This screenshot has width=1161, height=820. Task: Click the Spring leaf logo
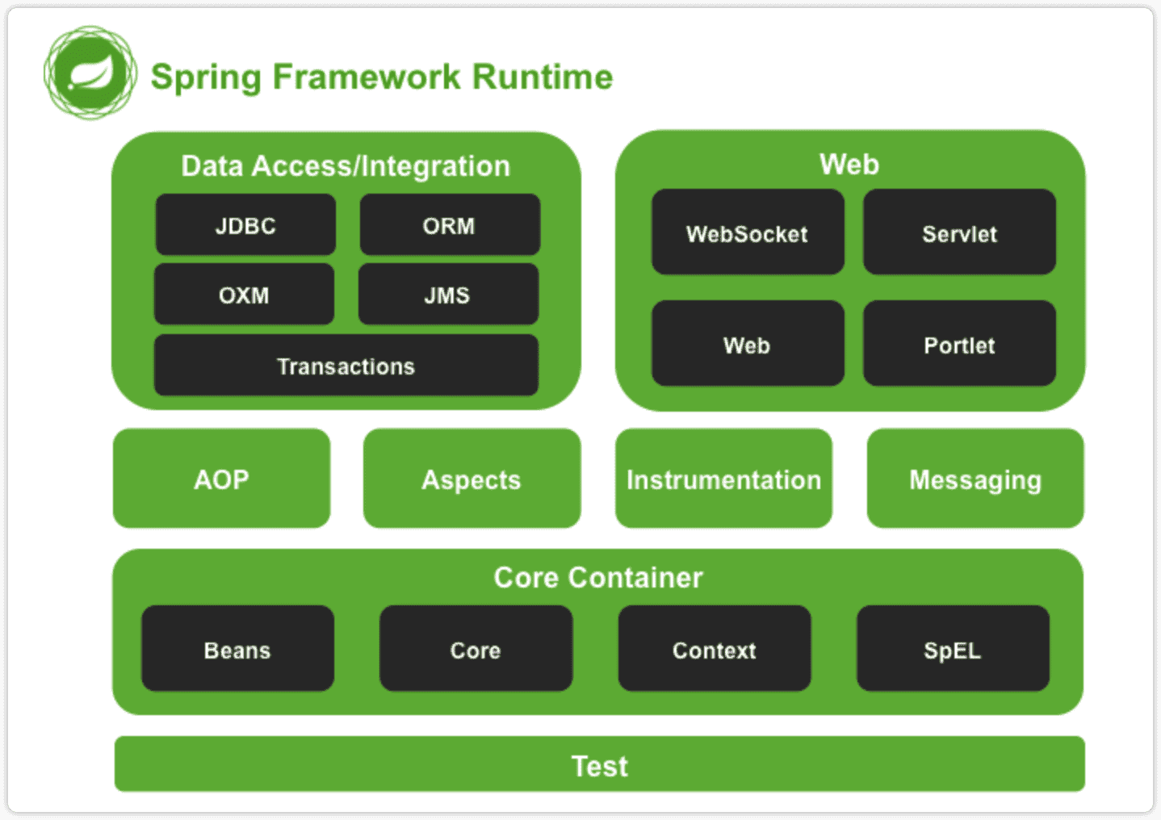pos(90,73)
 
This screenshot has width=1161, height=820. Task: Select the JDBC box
pos(245,225)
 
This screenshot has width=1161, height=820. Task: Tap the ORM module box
pos(450,225)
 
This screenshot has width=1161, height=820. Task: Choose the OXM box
pos(244,295)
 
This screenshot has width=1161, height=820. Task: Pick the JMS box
pos(448,295)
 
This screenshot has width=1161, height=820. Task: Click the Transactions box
pos(346,366)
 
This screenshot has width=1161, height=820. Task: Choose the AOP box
pos(221,479)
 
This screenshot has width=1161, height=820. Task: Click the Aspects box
pos(472,479)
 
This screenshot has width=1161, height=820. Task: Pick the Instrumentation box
pos(723,479)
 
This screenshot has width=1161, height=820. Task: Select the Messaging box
pos(975,479)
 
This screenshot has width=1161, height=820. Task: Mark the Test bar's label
pos(599,765)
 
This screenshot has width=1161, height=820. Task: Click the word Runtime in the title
pos(543,77)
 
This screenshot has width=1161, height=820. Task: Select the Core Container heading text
pos(598,577)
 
